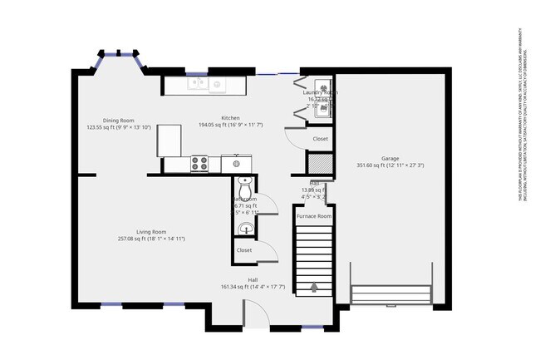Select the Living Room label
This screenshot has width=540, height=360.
(x=151, y=232)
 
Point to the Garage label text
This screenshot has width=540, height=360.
(x=390, y=158)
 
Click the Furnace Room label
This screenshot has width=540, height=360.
(x=314, y=216)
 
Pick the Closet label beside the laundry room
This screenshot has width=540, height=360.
(x=320, y=139)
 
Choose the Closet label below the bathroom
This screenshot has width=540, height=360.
(x=244, y=249)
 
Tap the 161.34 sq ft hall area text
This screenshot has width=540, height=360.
(x=253, y=287)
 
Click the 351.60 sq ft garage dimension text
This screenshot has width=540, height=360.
(x=390, y=165)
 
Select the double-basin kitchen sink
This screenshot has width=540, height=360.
(x=207, y=83)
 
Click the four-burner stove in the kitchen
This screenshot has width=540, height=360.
(x=199, y=164)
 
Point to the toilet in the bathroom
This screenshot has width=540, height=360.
(x=243, y=188)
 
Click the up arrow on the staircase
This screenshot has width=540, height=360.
(x=313, y=288)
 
